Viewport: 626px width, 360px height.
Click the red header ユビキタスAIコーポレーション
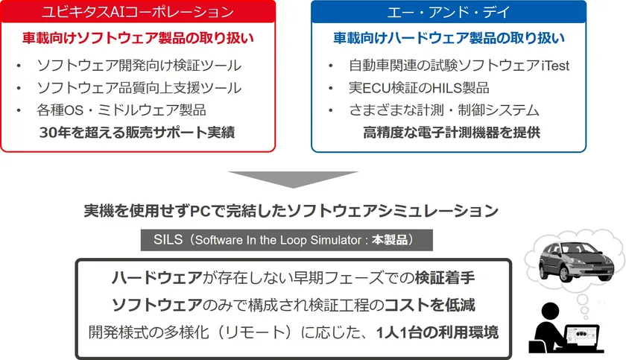tap(138, 13)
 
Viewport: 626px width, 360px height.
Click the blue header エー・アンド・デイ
tap(448, 13)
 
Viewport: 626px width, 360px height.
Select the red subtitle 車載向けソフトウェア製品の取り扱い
tap(138, 38)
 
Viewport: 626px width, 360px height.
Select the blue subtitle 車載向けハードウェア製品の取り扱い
tap(448, 38)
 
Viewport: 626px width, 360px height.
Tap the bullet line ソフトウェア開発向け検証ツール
tap(139, 66)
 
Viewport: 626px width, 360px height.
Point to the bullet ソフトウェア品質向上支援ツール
tap(139, 88)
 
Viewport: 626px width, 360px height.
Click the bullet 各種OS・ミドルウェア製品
tap(121, 110)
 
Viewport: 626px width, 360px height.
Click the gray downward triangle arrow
tap(293, 181)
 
